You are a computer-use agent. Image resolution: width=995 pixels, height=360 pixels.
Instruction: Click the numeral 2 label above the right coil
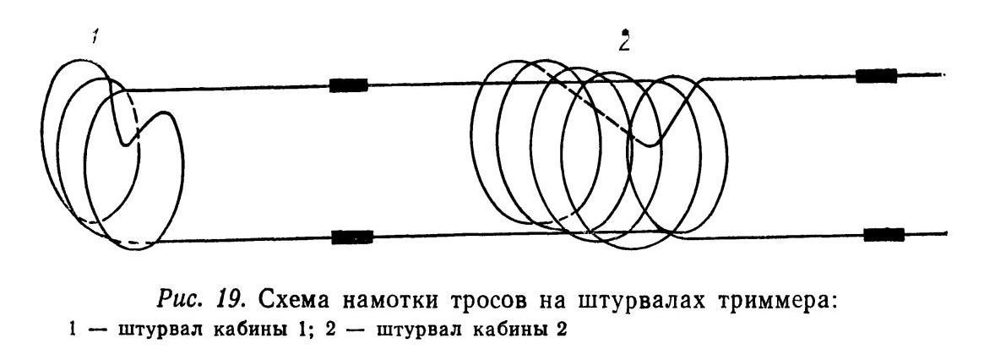coord(624,42)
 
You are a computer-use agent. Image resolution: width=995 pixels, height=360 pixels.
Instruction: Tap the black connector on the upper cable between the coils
coord(348,85)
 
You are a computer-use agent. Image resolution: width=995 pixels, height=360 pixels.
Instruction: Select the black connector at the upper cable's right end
coord(877,75)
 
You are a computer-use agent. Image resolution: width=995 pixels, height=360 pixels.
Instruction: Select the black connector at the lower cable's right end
coord(884,234)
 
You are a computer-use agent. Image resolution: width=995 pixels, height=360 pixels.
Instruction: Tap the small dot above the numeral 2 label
coord(625,31)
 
